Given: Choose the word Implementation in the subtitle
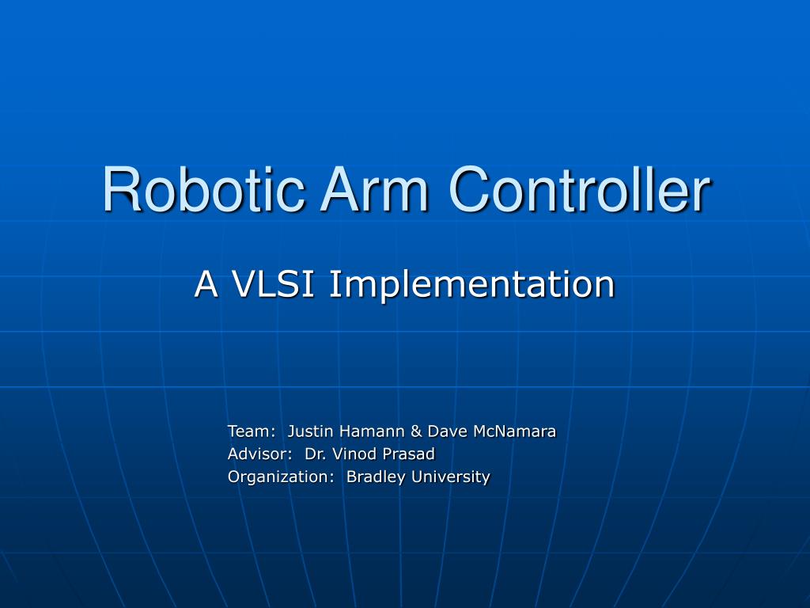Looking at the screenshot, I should pos(471,284).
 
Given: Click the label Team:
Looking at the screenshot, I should pos(252,431).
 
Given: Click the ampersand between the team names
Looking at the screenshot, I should pos(417,431).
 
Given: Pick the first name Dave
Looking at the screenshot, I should pos(448,431).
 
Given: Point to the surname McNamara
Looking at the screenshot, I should pos(515,431).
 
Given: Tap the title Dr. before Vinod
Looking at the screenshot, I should pos(316,454).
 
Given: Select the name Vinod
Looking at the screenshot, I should pos(353,454).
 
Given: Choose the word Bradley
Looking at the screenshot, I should pos(377,477).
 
